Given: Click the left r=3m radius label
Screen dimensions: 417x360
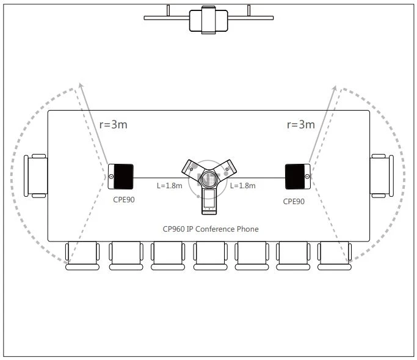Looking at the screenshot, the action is click(114, 125).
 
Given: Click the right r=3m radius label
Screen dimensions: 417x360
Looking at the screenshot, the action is click(301, 125).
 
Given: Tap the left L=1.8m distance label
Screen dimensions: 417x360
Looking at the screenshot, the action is click(169, 186).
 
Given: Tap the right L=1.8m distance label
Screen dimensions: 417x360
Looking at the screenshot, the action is click(243, 186).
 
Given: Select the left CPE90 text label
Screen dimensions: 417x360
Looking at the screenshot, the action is click(124, 200).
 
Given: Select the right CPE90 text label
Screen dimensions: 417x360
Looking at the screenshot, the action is click(294, 202).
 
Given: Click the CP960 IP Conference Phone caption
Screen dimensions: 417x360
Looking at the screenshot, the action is click(211, 229).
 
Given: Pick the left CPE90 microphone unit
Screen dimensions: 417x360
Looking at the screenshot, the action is click(121, 177).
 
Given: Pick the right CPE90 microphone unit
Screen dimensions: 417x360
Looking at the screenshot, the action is click(298, 177).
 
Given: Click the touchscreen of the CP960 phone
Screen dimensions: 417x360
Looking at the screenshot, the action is click(209, 199).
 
